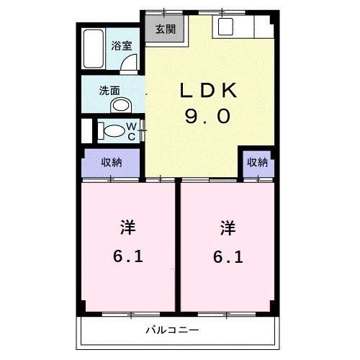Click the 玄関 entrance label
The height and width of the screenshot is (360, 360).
click(x=165, y=30)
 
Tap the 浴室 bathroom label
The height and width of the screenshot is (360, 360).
click(x=122, y=45)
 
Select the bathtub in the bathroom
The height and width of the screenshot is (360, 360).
click(x=92, y=50)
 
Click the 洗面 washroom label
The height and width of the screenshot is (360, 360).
click(x=109, y=91)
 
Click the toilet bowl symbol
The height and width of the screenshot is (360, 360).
click(x=112, y=132)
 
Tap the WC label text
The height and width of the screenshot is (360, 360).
click(x=132, y=131)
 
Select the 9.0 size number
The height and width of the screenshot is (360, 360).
click(x=207, y=117)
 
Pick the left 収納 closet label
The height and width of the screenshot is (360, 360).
click(x=111, y=162)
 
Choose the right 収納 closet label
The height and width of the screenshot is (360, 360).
click(x=258, y=162)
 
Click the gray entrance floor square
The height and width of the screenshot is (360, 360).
click(x=165, y=30)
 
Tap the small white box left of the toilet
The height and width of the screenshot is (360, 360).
click(x=88, y=131)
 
